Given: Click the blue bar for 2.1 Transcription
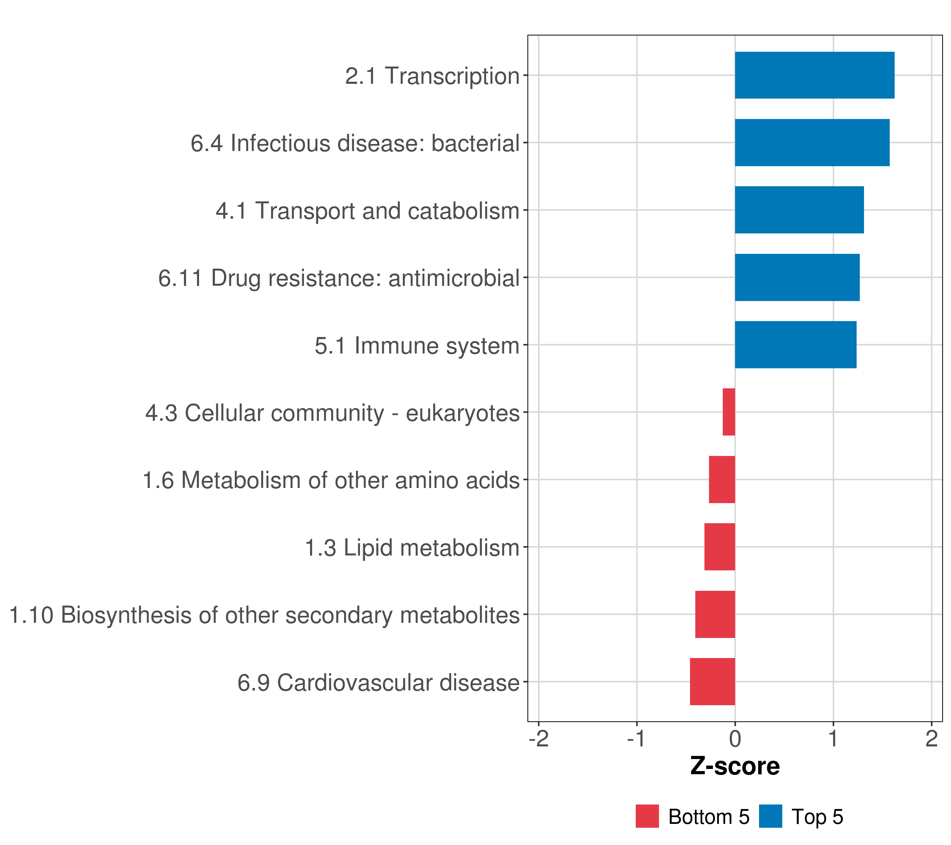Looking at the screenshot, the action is click(x=815, y=75).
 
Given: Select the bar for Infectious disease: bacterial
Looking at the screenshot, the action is click(x=812, y=143).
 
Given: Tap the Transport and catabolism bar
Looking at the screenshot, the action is click(x=799, y=210).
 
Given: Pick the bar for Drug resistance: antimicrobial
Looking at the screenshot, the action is click(x=797, y=278).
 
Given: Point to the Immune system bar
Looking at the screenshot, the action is click(x=796, y=345).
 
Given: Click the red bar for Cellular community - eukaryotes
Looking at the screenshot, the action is click(x=729, y=412).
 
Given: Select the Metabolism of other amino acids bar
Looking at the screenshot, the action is click(x=722, y=480).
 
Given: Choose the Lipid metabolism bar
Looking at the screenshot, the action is click(x=720, y=547).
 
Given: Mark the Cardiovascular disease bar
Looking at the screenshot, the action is click(x=713, y=682).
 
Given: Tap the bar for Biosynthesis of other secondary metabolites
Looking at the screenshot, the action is click(x=715, y=614).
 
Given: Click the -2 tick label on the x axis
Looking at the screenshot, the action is click(x=539, y=739).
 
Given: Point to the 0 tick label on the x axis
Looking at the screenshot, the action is click(x=735, y=739).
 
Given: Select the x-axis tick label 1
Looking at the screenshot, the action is click(x=833, y=739).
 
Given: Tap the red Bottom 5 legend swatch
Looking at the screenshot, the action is click(x=647, y=816).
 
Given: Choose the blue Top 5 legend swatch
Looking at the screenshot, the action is click(x=770, y=816).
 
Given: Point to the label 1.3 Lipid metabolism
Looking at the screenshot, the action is click(x=412, y=548).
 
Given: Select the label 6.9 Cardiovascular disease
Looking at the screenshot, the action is click(x=378, y=683).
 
